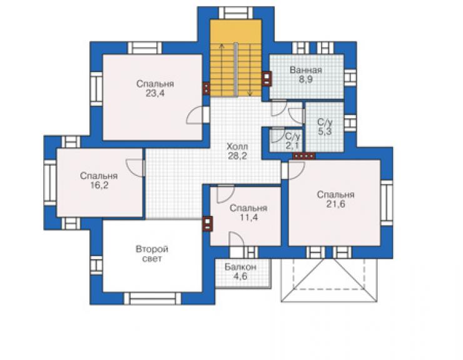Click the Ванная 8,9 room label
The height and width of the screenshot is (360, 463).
click(x=305, y=75)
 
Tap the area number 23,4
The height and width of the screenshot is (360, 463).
click(x=155, y=93)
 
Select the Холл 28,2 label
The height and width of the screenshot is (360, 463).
click(x=237, y=151)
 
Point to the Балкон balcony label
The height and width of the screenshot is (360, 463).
click(x=240, y=267)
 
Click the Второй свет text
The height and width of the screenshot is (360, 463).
click(x=152, y=254)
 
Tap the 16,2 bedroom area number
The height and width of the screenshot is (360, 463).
click(x=99, y=185)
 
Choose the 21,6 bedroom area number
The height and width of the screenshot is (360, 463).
click(x=336, y=204)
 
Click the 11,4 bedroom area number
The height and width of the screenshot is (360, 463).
click(x=248, y=217)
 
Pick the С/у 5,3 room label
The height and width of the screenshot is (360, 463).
click(x=325, y=126)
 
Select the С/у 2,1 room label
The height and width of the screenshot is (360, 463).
click(x=292, y=141)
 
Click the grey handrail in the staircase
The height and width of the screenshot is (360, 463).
click(x=236, y=69)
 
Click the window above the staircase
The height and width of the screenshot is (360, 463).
click(x=236, y=13)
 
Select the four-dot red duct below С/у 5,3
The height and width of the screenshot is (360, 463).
click(x=304, y=156)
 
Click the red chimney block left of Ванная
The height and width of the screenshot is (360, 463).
click(x=267, y=79)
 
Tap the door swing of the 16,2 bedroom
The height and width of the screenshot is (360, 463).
click(x=134, y=168)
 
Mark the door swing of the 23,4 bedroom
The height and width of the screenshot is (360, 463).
click(x=195, y=115)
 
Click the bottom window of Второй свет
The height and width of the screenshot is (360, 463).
click(x=153, y=299)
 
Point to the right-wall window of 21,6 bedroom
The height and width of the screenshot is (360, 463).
click(x=387, y=202)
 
